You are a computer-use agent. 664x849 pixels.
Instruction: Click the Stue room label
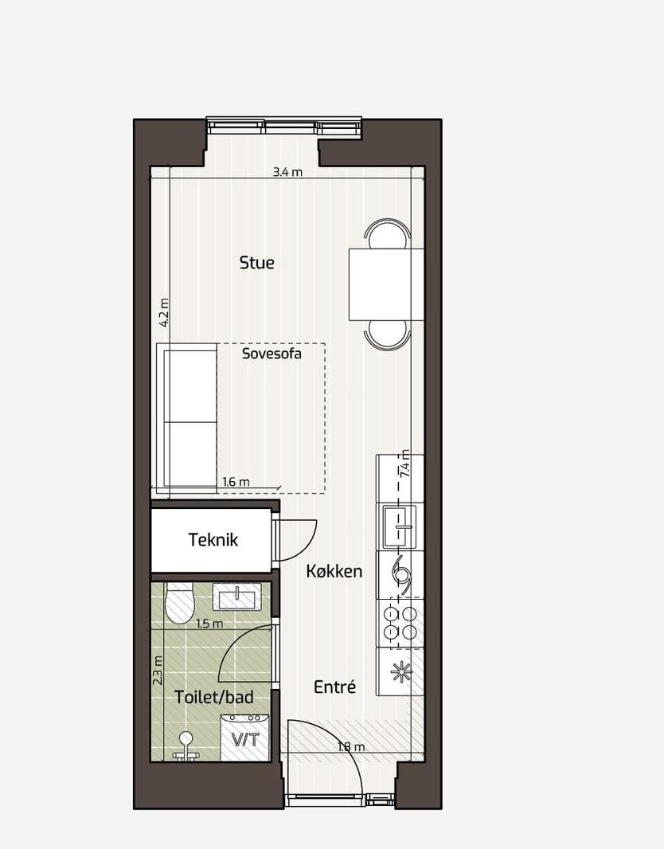coord(256,263)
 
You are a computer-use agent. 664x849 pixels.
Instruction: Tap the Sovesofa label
coord(271,354)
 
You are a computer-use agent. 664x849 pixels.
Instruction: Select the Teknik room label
coord(213,540)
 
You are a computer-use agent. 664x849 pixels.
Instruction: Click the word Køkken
coord(334,571)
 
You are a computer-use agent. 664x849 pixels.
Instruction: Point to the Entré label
coord(335,687)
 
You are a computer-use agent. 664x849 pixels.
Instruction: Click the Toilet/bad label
coord(213,697)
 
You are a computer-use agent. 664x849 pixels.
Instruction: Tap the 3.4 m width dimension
coord(287,172)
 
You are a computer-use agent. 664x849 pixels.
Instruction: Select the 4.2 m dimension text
coord(164,312)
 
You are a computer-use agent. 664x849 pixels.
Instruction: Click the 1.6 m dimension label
coord(236,481)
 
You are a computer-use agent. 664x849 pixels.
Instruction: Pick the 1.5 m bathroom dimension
coord(209,624)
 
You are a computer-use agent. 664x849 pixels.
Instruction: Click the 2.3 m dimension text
coord(158,671)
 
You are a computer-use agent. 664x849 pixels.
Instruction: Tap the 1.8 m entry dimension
coord(351,747)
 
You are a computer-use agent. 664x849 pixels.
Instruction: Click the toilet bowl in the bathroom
coord(180,603)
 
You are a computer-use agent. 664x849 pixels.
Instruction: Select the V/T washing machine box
coord(245,737)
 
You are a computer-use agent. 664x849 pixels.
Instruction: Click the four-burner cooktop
coord(400,623)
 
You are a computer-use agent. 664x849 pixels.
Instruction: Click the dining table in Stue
coord(386,284)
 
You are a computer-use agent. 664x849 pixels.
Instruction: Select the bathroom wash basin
coord(237,598)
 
